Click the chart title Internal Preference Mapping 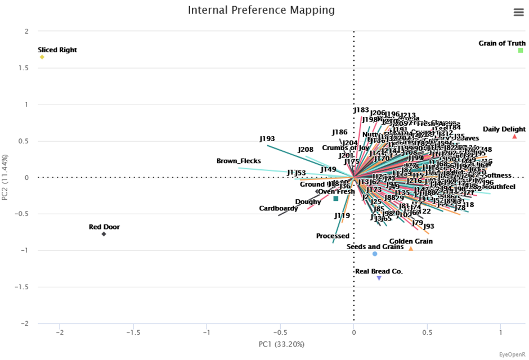261,10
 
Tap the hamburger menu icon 519,13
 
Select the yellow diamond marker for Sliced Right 42,57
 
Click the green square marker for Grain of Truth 521,51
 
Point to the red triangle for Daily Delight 514,137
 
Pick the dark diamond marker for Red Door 104,234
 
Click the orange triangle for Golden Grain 411,249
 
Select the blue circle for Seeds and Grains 375,254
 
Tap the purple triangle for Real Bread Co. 379,278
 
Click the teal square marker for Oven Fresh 336,199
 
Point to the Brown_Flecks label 239,161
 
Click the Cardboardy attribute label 279,209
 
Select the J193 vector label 267,138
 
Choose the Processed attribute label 333,236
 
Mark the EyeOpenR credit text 512,354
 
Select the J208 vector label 306,150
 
